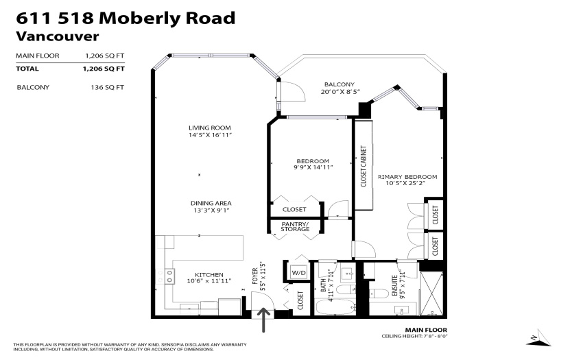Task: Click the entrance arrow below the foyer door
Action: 263,320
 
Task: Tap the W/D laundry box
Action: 298,273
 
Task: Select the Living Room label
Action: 210,128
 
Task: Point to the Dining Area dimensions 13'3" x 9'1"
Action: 211,211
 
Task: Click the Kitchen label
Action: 209,274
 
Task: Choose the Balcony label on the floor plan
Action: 340,84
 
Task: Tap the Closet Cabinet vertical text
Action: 364,166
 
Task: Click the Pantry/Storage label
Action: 295,226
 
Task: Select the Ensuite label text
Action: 394,286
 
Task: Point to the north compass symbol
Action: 538,338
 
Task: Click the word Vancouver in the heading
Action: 57,36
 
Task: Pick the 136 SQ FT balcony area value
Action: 108,87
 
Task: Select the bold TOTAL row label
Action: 27,69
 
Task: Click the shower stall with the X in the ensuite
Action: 431,293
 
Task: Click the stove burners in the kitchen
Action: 169,276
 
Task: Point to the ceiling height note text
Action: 414,336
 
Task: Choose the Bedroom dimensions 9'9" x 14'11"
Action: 313,167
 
